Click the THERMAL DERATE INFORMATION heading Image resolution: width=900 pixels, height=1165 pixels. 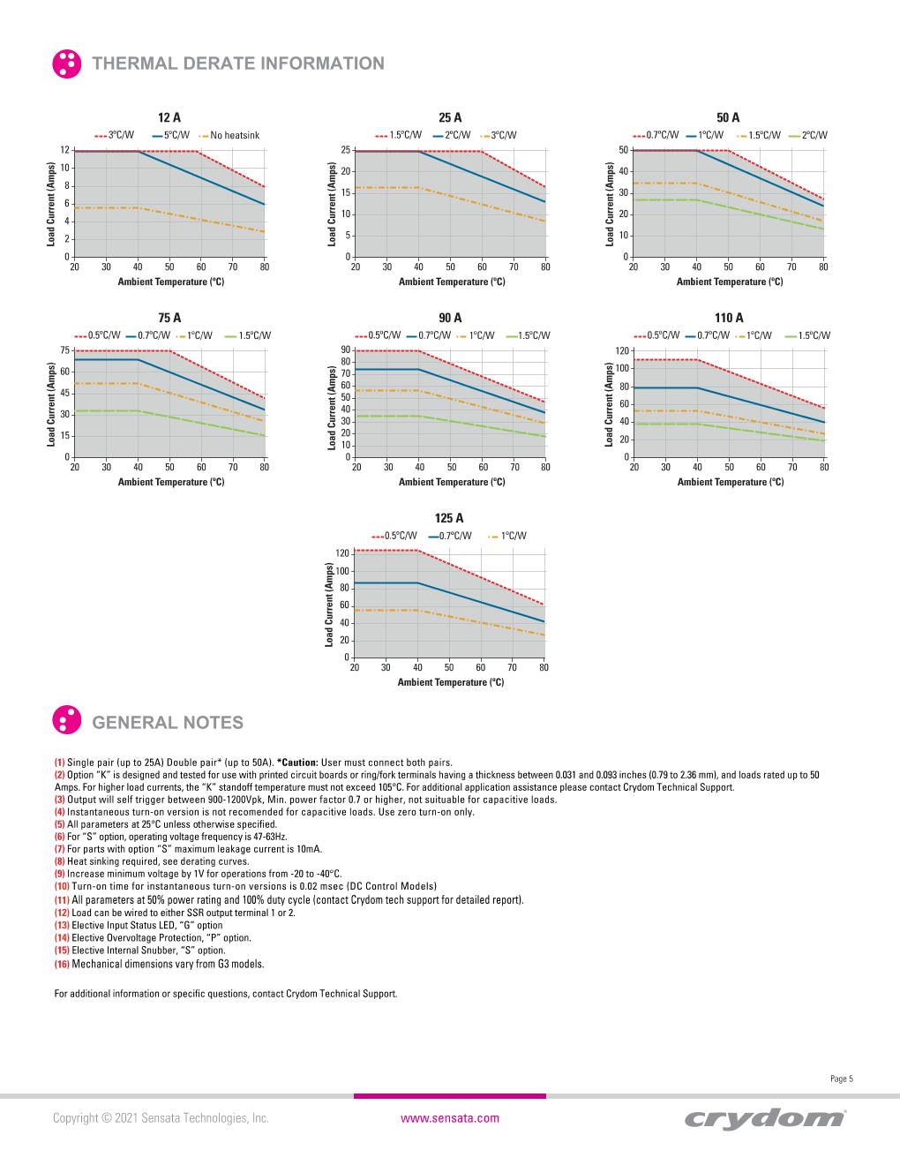tap(238, 64)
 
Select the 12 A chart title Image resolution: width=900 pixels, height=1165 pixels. tap(169, 117)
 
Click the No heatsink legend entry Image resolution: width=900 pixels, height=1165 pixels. tap(235, 135)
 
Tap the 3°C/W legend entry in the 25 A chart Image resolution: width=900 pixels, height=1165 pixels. tap(504, 135)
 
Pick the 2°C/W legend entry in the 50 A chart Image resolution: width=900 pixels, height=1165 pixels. tap(814, 135)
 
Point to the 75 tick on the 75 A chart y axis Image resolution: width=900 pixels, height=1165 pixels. tap(65, 350)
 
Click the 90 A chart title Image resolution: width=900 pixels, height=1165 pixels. tap(450, 318)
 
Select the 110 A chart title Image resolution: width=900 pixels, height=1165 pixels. tap(729, 318)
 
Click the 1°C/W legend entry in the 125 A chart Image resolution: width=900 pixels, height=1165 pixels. tap(514, 536)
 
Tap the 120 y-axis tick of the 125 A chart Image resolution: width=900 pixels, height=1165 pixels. tap(343, 552)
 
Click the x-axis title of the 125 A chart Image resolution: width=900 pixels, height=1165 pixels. tap(450, 682)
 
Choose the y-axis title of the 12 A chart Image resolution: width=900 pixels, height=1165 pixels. tap(51, 204)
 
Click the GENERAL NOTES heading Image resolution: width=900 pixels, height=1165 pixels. tap(168, 723)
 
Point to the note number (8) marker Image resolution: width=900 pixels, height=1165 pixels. tap(60, 861)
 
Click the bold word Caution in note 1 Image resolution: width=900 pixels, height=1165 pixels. tap(298, 763)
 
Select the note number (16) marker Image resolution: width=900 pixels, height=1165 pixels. tap(62, 964)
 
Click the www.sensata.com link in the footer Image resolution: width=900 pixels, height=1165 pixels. tap(450, 1118)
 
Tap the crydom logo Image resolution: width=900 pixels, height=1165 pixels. tap(764, 1118)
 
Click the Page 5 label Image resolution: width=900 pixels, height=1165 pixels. tap(842, 1079)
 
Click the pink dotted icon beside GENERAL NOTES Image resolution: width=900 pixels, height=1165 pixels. tap(67, 721)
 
